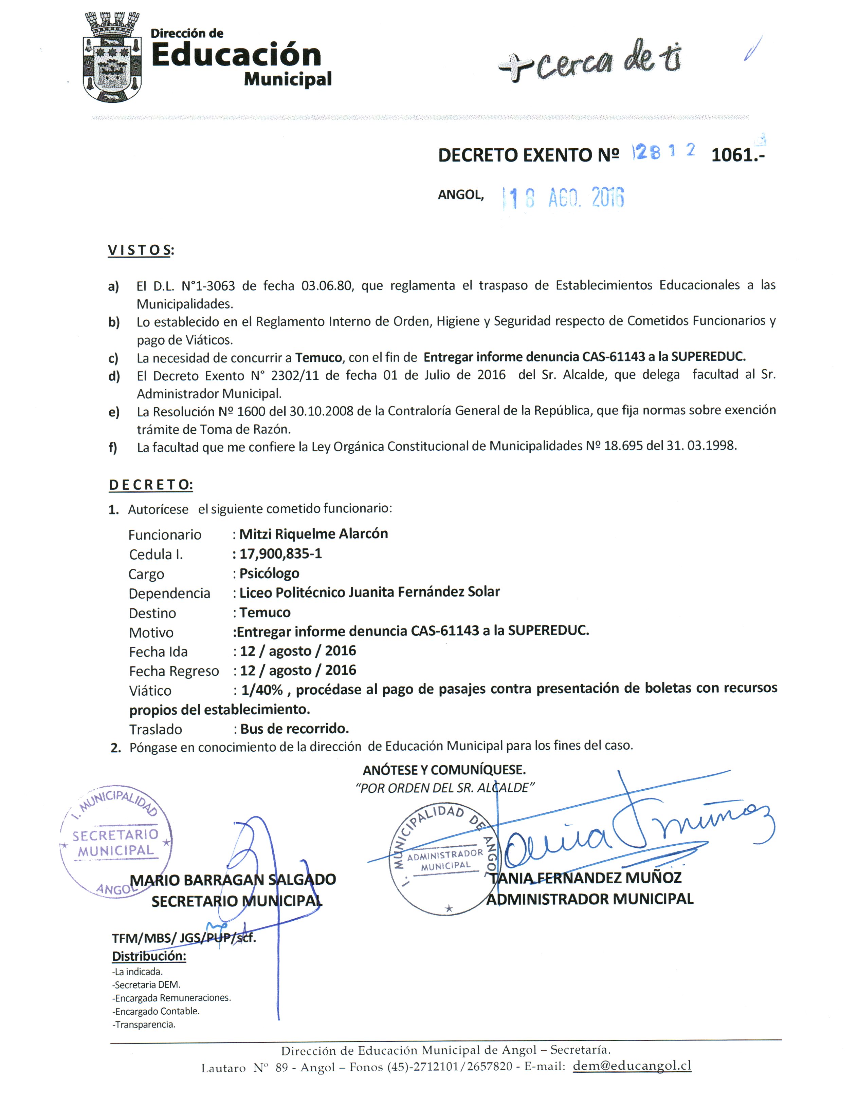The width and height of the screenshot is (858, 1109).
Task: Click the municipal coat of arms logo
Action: (x=112, y=57)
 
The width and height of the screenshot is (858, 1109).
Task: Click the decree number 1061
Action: (x=736, y=154)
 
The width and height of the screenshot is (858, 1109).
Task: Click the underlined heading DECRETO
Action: (x=150, y=485)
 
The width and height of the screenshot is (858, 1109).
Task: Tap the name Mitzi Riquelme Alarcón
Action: (x=313, y=534)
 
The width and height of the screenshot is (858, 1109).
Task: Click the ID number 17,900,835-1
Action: (x=280, y=553)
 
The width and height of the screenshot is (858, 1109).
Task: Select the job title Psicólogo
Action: (x=269, y=573)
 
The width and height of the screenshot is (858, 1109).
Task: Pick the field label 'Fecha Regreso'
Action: (x=174, y=671)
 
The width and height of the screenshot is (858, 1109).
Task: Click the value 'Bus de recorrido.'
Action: (x=295, y=729)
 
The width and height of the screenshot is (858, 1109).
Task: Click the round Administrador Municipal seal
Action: (x=445, y=859)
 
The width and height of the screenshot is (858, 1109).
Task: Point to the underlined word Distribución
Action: (x=149, y=956)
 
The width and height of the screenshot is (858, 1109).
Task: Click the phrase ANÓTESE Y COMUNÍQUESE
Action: (x=444, y=770)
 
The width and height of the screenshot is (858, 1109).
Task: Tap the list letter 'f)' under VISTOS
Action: (x=113, y=447)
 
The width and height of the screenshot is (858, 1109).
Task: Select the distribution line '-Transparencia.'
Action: (x=144, y=1024)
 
